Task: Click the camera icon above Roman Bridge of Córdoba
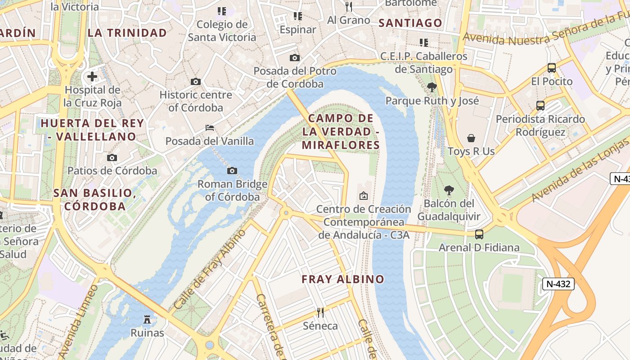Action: [232, 171]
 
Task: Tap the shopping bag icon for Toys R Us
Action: [471, 138]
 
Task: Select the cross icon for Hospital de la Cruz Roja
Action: [92, 76]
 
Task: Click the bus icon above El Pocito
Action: [552, 68]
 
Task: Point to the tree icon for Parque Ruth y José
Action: [432, 87]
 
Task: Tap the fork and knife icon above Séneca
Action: [320, 312]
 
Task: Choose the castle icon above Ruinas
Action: [147, 319]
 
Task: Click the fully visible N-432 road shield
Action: [558, 284]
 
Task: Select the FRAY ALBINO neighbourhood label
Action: [343, 279]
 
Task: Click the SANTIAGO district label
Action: [410, 23]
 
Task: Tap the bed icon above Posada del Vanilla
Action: [210, 128]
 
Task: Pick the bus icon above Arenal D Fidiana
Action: [479, 234]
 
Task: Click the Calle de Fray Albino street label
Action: [210, 269]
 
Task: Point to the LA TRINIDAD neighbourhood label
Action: [127, 33]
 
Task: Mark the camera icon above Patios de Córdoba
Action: [112, 157]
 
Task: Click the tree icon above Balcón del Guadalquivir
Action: [449, 190]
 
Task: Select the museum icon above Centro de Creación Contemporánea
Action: [364, 196]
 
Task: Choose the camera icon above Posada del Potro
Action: [295, 58]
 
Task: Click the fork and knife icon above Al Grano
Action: [349, 6]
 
